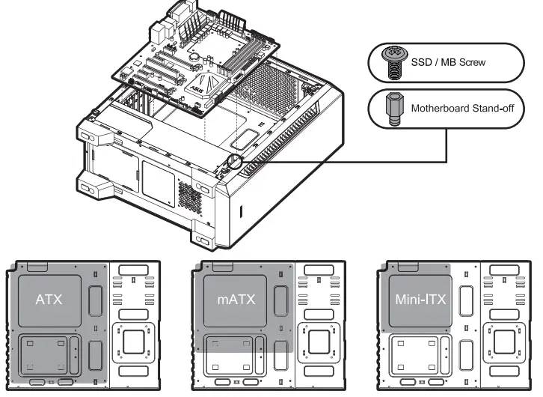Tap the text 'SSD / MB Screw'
[448, 62]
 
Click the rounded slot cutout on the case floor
[245, 139]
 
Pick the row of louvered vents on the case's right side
[299, 142]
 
